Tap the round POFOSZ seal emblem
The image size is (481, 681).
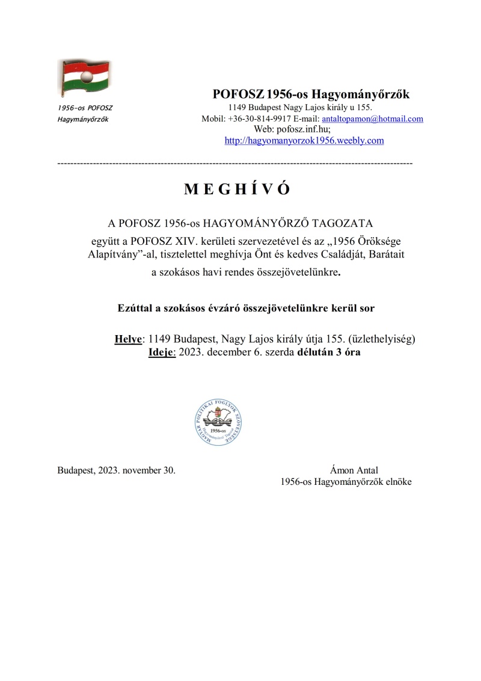tap(215, 422)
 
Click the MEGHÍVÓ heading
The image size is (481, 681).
tap(237, 190)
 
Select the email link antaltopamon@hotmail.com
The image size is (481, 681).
tap(373, 119)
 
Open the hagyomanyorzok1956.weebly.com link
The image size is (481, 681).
tap(304, 141)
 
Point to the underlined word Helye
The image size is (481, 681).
tap(128, 339)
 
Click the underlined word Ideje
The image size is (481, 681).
tap(161, 352)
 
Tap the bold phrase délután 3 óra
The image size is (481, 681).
tap(329, 352)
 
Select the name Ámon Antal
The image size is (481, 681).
tap(354, 470)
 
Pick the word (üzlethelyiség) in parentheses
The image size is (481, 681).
tap(378, 339)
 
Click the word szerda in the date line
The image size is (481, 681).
tap(280, 352)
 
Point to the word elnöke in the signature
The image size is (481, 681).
tap(398, 482)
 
